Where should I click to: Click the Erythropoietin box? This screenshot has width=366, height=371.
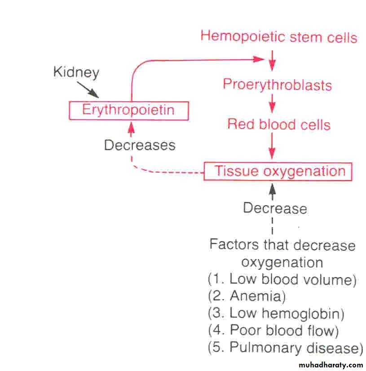[x=128, y=111]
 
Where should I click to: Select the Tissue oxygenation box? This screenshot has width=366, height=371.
[x=278, y=171]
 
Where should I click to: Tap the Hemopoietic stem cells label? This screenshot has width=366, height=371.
[x=279, y=36]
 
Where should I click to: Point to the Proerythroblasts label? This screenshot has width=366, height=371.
[x=277, y=85]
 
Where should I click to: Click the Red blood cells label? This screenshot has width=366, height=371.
[x=279, y=124]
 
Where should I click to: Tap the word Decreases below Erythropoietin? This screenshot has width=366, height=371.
[x=140, y=145]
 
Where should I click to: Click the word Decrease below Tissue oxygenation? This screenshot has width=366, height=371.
[x=275, y=208]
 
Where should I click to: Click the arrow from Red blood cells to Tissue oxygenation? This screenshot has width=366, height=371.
[x=272, y=146]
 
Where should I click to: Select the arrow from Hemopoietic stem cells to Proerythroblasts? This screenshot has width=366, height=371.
[x=272, y=61]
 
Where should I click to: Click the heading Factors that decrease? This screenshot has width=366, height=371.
[x=282, y=245]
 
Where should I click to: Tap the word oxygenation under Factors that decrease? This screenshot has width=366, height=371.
[x=282, y=262]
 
